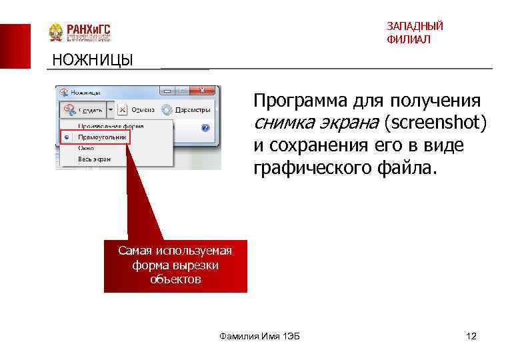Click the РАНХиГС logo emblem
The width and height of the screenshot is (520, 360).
point(56,32)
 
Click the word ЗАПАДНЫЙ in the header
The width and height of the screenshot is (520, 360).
point(415,26)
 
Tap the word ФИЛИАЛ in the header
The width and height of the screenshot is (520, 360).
point(408,39)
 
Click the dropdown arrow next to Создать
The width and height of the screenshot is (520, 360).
point(111,109)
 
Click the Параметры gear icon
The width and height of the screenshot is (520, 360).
point(167,109)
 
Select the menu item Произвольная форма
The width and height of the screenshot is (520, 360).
point(110,125)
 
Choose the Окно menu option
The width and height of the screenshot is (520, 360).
point(86,147)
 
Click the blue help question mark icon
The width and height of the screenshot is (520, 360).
point(205,127)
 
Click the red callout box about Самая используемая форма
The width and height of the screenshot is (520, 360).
point(175,265)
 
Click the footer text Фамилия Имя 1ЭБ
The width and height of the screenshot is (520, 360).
point(259,335)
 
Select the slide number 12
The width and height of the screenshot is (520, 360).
point(471,335)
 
